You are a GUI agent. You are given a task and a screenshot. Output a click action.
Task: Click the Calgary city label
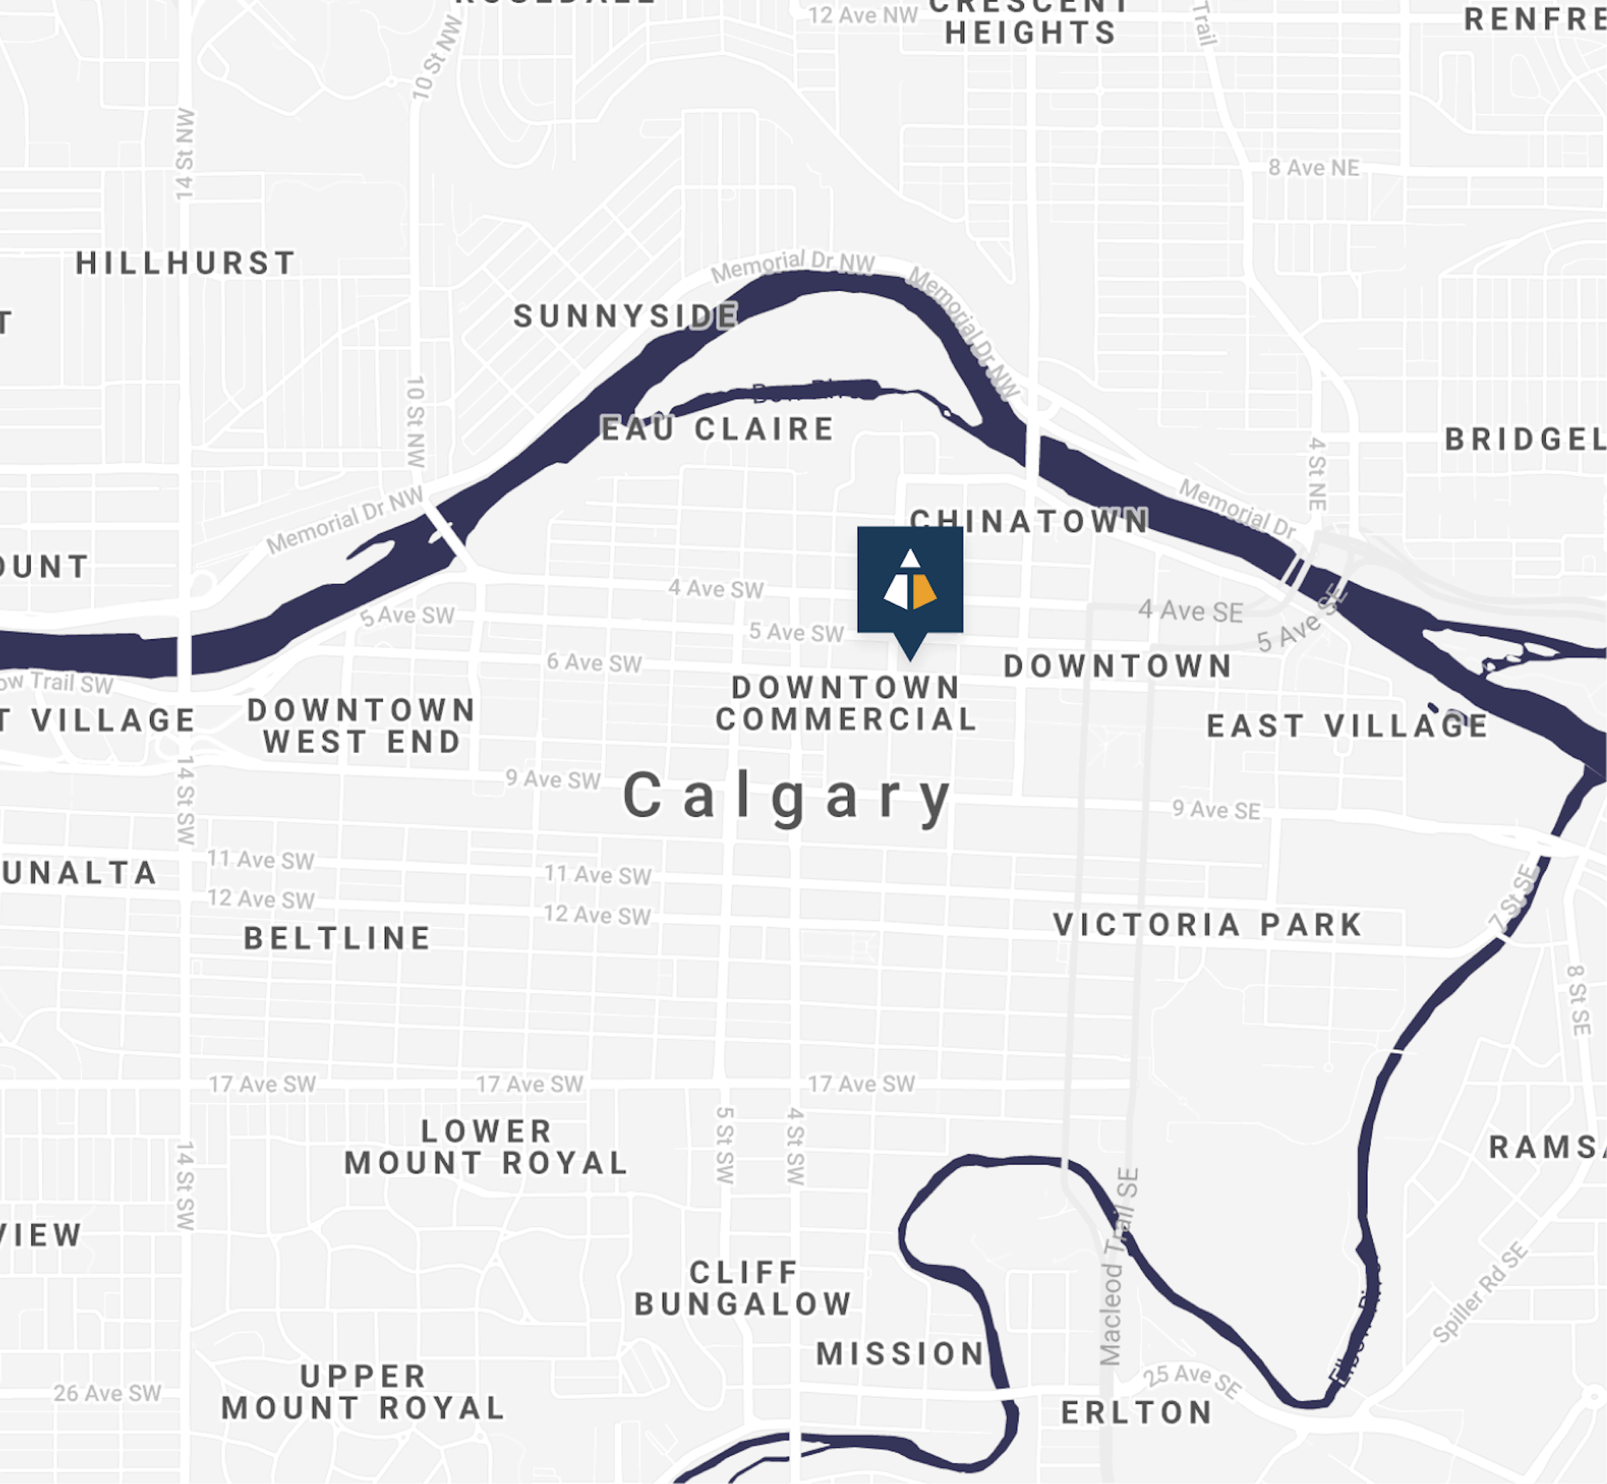tap(787, 797)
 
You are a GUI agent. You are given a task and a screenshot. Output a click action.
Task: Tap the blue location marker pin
tap(909, 582)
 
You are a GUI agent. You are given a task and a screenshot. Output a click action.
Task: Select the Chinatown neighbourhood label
tap(1029, 521)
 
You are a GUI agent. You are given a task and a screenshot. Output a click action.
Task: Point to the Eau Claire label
tap(717, 429)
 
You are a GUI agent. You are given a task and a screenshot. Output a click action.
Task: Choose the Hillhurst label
tap(185, 263)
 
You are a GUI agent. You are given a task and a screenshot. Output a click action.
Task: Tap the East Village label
tap(1347, 726)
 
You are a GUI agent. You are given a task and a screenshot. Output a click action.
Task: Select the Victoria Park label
tap(1208, 925)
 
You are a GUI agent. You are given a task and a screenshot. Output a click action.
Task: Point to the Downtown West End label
tap(361, 726)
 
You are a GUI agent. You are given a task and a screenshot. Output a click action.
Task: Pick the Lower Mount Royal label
tap(486, 1146)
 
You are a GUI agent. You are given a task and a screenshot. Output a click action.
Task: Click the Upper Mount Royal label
tap(363, 1391)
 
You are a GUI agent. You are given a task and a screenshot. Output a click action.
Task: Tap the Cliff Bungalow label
tap(743, 1288)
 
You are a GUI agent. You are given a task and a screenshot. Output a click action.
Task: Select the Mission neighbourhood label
tap(900, 1353)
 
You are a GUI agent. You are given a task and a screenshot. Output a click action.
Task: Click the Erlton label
tap(1136, 1413)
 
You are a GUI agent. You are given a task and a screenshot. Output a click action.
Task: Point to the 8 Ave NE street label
tap(1313, 168)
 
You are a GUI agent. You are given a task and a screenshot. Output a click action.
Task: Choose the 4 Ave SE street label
tap(1190, 611)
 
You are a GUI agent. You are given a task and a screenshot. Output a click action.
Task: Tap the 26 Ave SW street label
tap(108, 1393)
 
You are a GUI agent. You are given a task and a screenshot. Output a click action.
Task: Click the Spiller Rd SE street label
tap(1479, 1292)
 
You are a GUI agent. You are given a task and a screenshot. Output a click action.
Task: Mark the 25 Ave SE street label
tap(1191, 1380)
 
